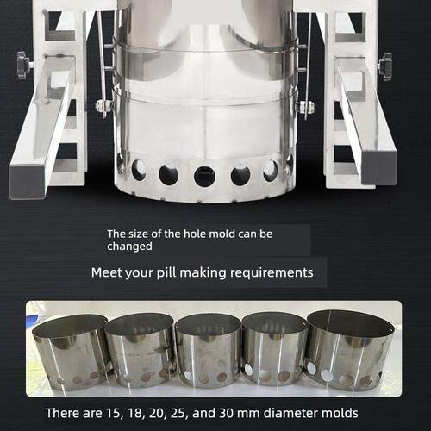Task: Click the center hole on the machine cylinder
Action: [x=204, y=176]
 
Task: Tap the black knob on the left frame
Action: [x=23, y=66]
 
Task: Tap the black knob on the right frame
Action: [x=385, y=66]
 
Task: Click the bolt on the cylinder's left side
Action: [x=104, y=106]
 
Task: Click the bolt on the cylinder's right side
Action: [x=307, y=107]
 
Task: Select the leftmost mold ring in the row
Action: [x=72, y=353]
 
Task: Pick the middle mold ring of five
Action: [x=208, y=351]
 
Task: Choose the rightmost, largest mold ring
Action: [x=348, y=351]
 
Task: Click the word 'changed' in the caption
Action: [x=129, y=247]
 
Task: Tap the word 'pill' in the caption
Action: [x=166, y=272]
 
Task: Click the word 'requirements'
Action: [x=272, y=272]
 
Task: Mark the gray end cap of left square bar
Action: [x=27, y=182]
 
